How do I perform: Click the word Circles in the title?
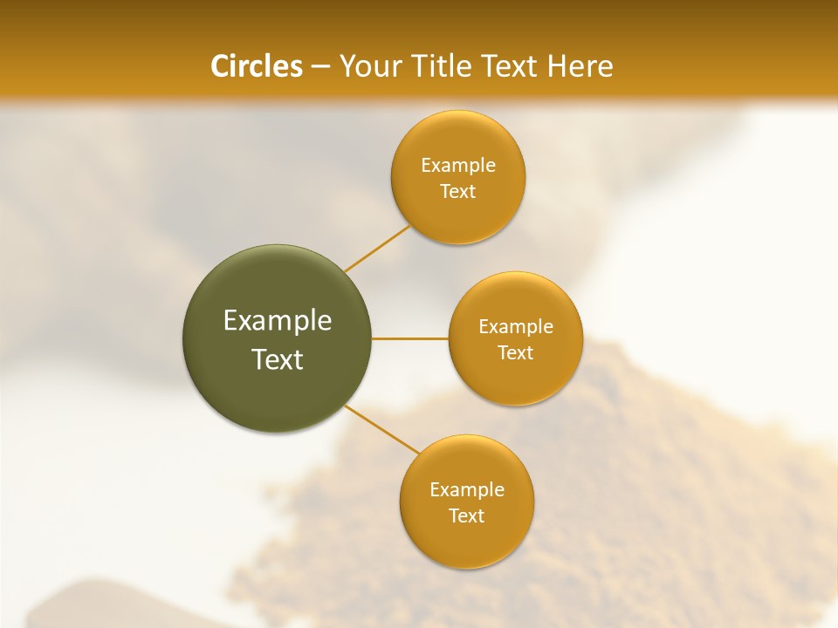pyautogui.click(x=256, y=66)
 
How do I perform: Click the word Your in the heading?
pyautogui.click(x=370, y=66)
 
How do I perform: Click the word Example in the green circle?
pyautogui.click(x=278, y=321)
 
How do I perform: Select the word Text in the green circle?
pyautogui.click(x=278, y=359)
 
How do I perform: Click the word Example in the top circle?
pyautogui.click(x=458, y=166)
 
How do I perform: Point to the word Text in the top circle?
pyautogui.click(x=458, y=192)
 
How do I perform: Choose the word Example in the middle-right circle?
pyautogui.click(x=516, y=327)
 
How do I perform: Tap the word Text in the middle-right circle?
pyautogui.click(x=516, y=353)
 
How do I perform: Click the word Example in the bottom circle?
pyautogui.click(x=467, y=490)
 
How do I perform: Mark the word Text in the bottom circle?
pyautogui.click(x=467, y=516)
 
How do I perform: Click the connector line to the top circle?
pyautogui.click(x=377, y=249)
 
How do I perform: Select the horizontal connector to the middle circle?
pyautogui.click(x=410, y=338)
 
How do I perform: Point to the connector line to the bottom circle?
pyautogui.click(x=382, y=429)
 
